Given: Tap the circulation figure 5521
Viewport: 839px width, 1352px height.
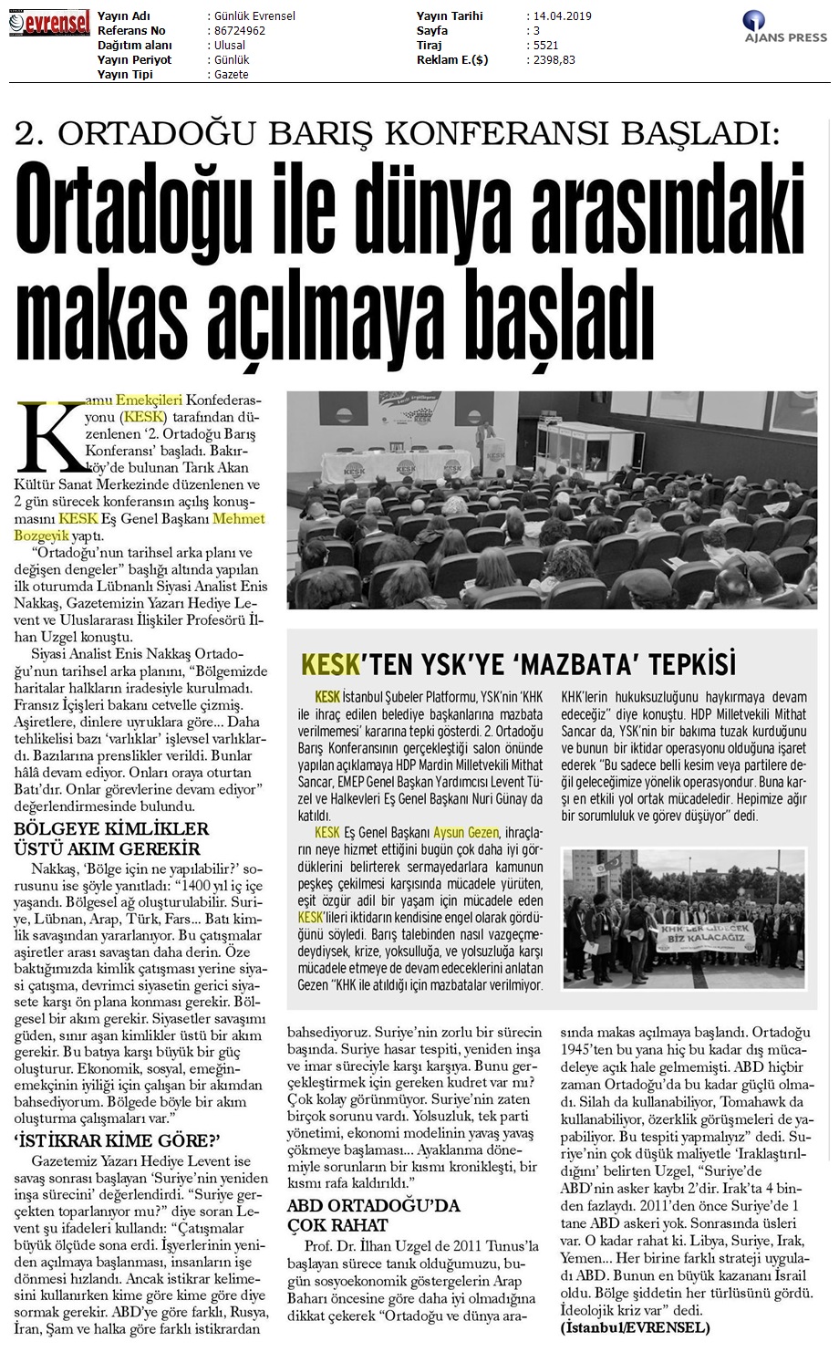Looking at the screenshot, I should click(x=542, y=45).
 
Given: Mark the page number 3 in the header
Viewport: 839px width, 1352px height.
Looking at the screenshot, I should click(x=530, y=30).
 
